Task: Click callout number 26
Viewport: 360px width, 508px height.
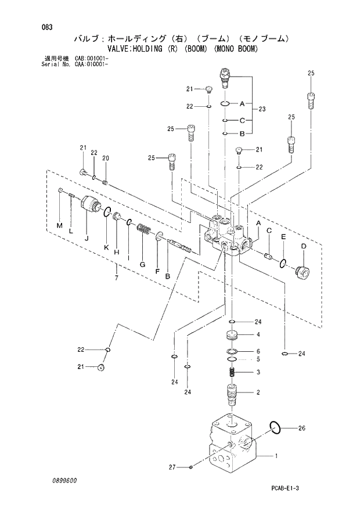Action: pos(301,429)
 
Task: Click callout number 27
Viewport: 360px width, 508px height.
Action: pos(172,466)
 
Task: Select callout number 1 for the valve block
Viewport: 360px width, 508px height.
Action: pos(276,456)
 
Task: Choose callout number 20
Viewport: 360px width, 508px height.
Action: pos(106,158)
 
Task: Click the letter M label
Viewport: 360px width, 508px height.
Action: pos(59,225)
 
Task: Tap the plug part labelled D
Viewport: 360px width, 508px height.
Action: pos(302,271)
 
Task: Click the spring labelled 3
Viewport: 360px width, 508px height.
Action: pos(231,373)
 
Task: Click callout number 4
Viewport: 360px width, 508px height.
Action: pos(258,335)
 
